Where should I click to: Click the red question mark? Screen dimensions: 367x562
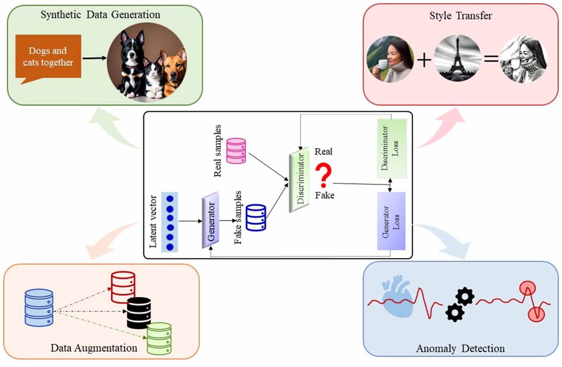coord(323,175)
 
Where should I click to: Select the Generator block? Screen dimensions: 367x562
coord(210,220)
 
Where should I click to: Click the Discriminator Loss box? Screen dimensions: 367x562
coord(392,148)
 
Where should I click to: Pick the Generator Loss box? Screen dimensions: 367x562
coord(391,221)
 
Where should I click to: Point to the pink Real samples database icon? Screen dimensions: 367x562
coord(236,151)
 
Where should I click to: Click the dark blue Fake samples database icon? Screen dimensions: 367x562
coord(256,217)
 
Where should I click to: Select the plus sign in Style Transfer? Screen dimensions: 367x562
coord(424,60)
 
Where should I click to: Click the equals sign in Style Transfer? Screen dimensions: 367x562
coord(491,59)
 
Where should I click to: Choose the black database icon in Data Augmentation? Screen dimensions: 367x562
coord(139,312)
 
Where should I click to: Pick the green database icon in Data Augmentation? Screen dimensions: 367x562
coord(159,338)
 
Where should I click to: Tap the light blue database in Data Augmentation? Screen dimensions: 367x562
coord(39,307)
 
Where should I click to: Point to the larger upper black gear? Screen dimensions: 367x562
coord(465,296)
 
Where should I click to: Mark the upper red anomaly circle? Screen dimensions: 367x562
coord(527,288)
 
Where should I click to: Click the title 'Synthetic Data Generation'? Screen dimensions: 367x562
coord(100,15)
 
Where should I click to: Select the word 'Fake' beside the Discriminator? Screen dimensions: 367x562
coord(324,195)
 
